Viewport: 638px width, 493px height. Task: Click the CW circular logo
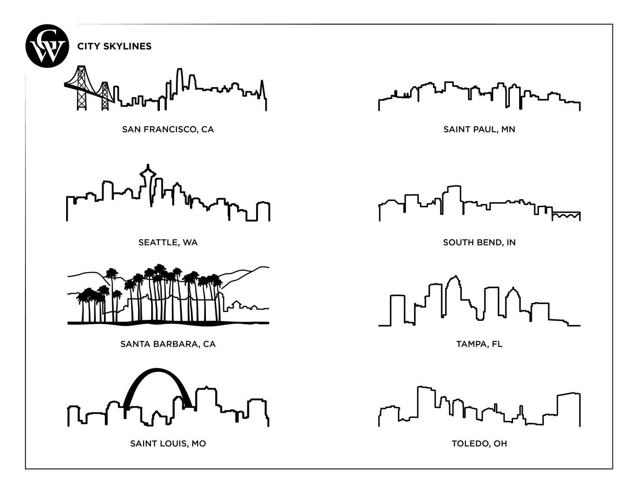pyautogui.click(x=47, y=46)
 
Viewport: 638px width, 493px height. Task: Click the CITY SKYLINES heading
pyautogui.click(x=114, y=46)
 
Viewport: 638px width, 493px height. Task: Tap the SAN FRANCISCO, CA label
pyautogui.click(x=168, y=129)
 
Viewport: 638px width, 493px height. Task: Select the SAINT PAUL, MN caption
pyautogui.click(x=479, y=129)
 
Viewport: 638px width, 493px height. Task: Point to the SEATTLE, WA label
pyautogui.click(x=168, y=242)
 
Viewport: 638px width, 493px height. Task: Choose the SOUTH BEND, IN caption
pyautogui.click(x=479, y=242)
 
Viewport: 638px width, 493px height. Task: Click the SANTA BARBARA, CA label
pyautogui.click(x=168, y=344)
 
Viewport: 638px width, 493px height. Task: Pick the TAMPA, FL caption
pyautogui.click(x=479, y=344)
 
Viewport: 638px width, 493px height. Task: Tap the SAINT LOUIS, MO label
pyautogui.click(x=168, y=444)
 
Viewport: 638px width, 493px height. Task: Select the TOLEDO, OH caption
pyautogui.click(x=479, y=444)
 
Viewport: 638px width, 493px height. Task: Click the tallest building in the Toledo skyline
pyautogui.click(x=426, y=403)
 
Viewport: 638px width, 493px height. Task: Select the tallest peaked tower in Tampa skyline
pyautogui.click(x=453, y=296)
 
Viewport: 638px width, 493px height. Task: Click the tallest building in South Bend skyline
pyautogui.click(x=454, y=198)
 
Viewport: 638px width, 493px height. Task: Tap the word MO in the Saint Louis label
pyautogui.click(x=199, y=444)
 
